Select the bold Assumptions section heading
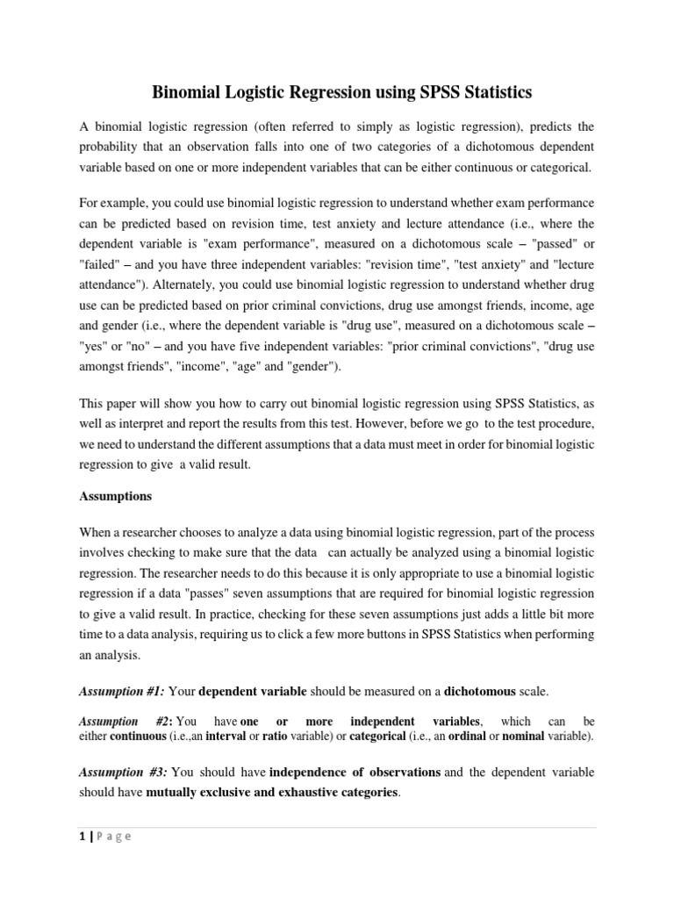pyautogui.click(x=115, y=496)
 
